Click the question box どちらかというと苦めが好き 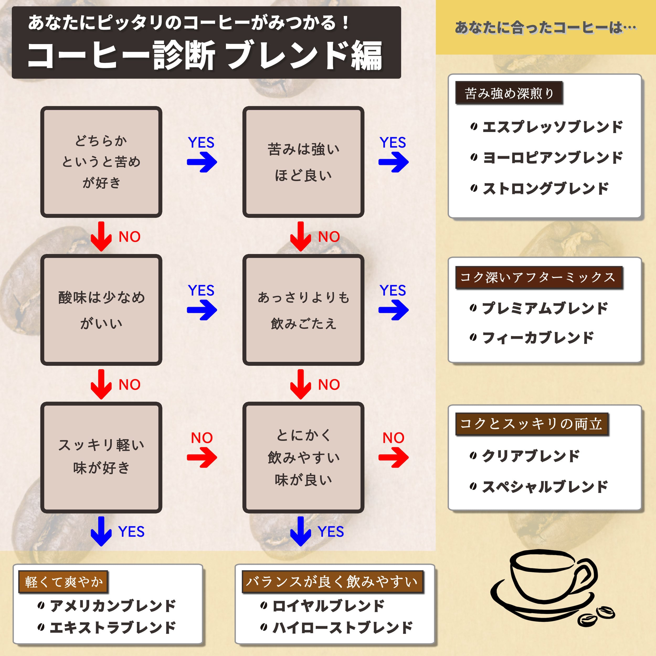pos(101,162)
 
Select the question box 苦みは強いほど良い pos(303,162)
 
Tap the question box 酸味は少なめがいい pos(101,310)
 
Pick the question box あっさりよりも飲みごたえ pos(303,310)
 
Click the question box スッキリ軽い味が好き pos(101,457)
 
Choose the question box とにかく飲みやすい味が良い pos(303,457)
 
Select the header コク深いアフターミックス pos(539,277)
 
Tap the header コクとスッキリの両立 pos(532,424)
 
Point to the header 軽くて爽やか pos(63,582)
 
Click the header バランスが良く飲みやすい pos(332,582)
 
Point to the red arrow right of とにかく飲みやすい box pos(394,457)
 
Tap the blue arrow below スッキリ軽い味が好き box pos(101,531)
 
